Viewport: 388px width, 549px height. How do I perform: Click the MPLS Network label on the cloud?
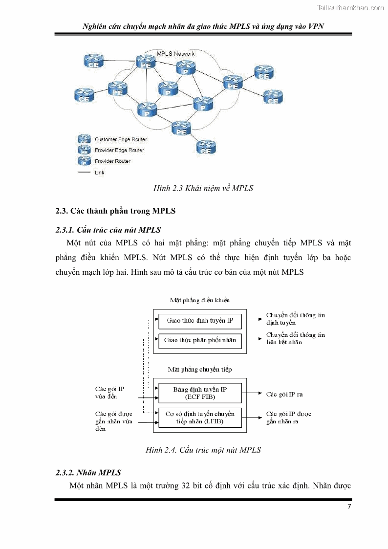(175, 54)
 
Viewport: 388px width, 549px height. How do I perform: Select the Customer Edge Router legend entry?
(120, 139)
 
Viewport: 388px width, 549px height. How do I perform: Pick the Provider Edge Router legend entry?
(119, 150)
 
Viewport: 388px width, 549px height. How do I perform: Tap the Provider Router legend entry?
(112, 161)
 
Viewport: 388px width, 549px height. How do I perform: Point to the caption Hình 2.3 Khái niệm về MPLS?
(203, 188)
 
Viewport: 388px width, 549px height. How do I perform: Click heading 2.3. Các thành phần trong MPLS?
(115, 211)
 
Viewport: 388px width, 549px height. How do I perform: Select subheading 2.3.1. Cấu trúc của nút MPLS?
(108, 229)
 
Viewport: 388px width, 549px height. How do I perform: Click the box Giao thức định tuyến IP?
(200, 321)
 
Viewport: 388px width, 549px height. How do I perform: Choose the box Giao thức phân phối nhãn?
(200, 340)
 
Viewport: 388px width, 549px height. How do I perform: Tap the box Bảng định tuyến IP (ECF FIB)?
(200, 393)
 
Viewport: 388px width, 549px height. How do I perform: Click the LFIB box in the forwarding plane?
(200, 417)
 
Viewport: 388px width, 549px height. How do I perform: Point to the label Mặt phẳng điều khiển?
(199, 300)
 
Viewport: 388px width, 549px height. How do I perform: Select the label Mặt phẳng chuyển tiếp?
(199, 370)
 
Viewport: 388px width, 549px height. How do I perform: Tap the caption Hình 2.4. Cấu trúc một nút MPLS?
(203, 450)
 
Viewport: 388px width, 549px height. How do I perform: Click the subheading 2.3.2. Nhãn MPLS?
(88, 472)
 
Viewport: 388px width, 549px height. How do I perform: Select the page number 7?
(349, 506)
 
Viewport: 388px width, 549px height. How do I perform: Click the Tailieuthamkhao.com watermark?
(350, 7)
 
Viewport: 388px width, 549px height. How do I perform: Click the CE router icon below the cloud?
(206, 146)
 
